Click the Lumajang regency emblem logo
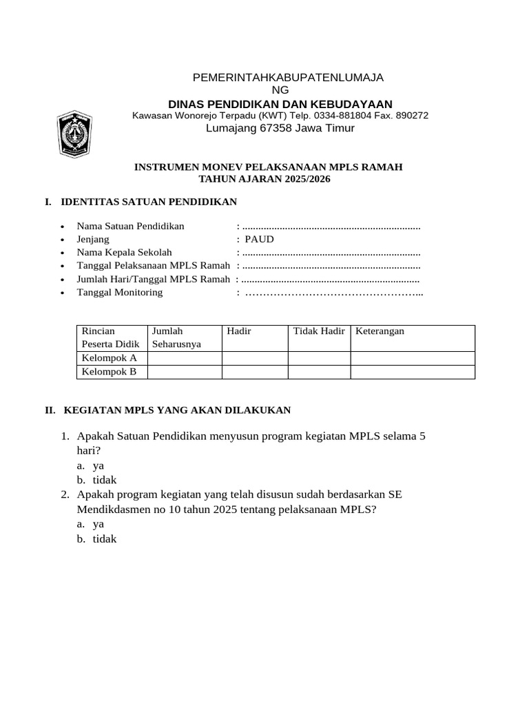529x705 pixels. [72, 131]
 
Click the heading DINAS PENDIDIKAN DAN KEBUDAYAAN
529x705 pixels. [280, 103]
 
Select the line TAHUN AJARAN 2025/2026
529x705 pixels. [264, 179]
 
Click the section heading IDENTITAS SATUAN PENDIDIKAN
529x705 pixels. [149, 202]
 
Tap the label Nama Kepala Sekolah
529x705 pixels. [124, 252]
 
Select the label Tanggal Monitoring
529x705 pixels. [120, 292]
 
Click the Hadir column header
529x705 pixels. [239, 331]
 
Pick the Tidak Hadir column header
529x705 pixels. [318, 331]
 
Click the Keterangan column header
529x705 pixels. [380, 331]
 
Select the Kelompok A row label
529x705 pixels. [110, 358]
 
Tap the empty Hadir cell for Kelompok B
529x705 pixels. [254, 372]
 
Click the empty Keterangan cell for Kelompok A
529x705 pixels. [412, 358]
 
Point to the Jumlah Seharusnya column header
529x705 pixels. [176, 337]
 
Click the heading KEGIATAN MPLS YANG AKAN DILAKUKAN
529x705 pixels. [177, 410]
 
